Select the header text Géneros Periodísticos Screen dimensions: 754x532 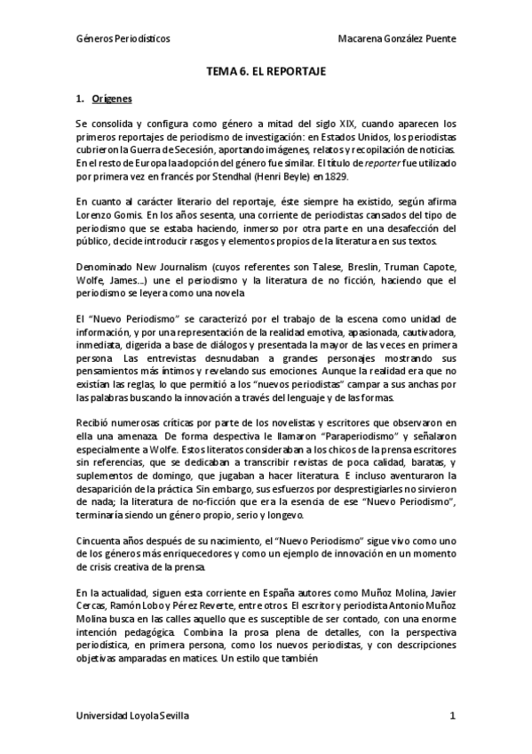tap(123, 40)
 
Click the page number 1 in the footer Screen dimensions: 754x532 tap(452, 715)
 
